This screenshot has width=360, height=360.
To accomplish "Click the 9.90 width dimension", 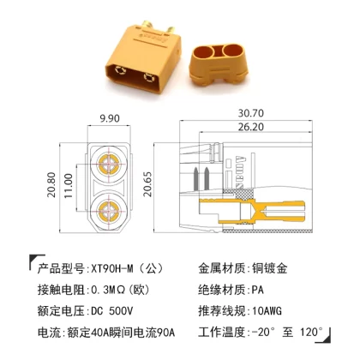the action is (x=110, y=118).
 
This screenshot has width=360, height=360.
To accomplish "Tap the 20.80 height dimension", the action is (x=51, y=184).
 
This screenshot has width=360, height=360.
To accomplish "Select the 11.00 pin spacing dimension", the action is (x=69, y=186).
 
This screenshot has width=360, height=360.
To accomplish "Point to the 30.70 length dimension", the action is (x=251, y=113).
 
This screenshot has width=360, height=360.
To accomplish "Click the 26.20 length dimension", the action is (x=251, y=127).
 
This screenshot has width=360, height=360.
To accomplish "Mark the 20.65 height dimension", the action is (x=147, y=184).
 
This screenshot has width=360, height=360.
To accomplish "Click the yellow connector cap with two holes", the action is (x=219, y=64).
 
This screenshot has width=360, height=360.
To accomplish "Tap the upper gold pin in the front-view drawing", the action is (x=109, y=164).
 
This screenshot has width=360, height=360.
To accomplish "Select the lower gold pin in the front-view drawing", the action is (x=109, y=212).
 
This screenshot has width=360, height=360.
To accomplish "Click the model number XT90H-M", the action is (x=112, y=269).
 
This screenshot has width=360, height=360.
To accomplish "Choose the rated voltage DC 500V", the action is (x=111, y=311).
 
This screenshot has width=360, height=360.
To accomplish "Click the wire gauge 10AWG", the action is (x=267, y=311).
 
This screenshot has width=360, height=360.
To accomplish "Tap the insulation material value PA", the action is (x=258, y=290).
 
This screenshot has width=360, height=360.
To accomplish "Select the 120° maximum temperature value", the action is (x=311, y=332).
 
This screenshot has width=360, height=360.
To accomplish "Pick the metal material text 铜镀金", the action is (x=270, y=268).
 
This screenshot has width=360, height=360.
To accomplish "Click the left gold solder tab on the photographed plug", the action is (x=147, y=26).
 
